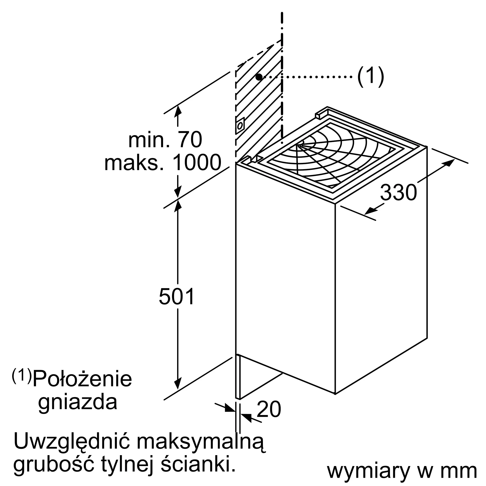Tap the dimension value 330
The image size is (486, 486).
point(398,192)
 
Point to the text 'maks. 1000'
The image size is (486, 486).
point(163,163)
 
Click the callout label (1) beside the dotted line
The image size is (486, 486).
point(371,77)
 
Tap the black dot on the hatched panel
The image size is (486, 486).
point(259,77)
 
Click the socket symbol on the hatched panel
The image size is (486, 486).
point(240,125)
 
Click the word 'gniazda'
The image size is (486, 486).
point(78,402)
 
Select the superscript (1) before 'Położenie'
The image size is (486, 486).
point(22,376)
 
